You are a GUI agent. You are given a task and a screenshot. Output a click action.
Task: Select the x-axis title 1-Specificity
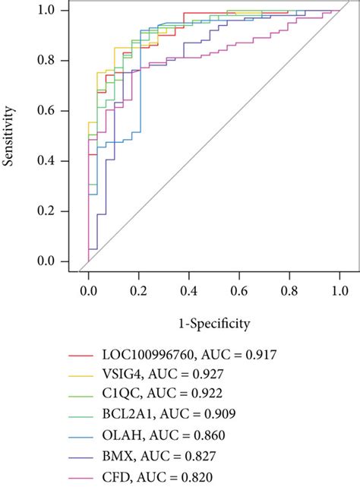click(x=213, y=324)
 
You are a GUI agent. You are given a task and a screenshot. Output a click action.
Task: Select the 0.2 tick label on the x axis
click(x=138, y=289)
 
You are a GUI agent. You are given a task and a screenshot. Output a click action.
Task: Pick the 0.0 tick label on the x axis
click(x=88, y=289)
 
